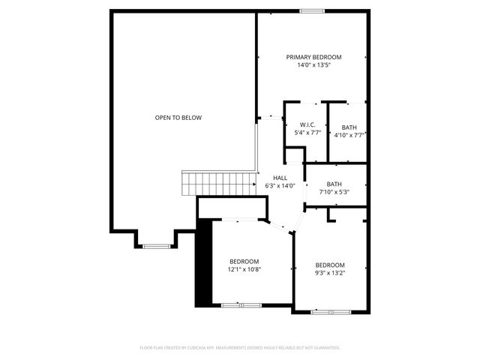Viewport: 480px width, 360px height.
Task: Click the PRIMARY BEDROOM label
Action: pos(314,57)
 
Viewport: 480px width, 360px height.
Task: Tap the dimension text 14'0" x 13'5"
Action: pos(314,65)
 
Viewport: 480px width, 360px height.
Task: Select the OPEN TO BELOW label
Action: pos(178,118)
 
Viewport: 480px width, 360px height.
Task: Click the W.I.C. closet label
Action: pos(307,124)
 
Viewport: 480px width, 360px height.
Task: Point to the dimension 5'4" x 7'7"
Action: pos(307,133)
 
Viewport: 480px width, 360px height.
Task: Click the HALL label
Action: pos(280,178)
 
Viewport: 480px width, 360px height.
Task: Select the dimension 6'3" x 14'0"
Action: pos(280,186)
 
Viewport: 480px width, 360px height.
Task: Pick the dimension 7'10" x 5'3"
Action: pos(334,192)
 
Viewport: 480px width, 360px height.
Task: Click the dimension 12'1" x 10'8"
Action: pos(244,269)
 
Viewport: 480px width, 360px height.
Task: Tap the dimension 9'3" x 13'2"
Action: pos(330,274)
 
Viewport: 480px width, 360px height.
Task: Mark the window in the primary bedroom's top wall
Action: pos(312,10)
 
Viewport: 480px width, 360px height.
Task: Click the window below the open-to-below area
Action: pos(157,246)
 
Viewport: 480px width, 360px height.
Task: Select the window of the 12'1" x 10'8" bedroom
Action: pos(241,304)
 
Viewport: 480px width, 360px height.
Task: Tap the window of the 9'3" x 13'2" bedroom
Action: pos(331,310)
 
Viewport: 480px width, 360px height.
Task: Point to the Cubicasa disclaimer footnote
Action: pos(240,348)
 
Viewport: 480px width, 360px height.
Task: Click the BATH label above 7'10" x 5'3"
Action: pos(334,184)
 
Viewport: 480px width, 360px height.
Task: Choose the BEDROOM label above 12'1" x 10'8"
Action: pos(244,261)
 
